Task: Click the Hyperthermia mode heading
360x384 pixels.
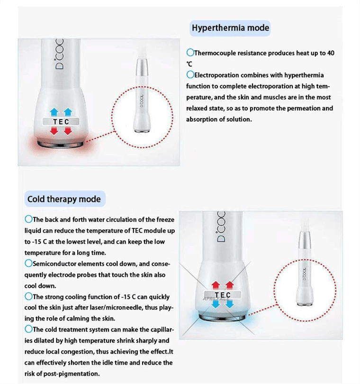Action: [x=230, y=28]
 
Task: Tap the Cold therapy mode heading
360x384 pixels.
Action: [x=64, y=199]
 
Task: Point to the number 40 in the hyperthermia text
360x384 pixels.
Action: [x=330, y=53]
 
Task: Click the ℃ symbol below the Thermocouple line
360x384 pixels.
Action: [x=189, y=64]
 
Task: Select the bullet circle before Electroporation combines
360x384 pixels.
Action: [x=190, y=75]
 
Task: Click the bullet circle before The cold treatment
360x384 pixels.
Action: [x=28, y=329]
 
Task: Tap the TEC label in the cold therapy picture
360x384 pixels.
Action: [x=222, y=295]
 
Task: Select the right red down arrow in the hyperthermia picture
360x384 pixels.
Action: [x=68, y=131]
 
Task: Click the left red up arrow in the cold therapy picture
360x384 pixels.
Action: [x=216, y=285]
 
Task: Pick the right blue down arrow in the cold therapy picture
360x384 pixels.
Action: [x=230, y=304]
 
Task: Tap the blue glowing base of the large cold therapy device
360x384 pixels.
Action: [x=222, y=317]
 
